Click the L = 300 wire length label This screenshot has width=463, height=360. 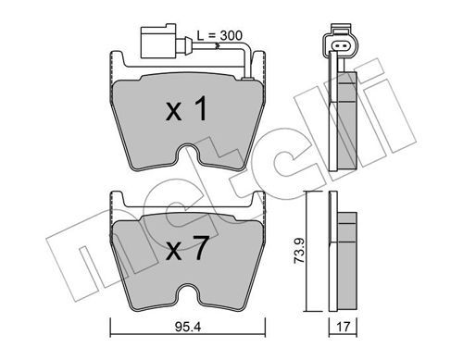(x=219, y=36)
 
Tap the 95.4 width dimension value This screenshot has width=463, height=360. (x=188, y=327)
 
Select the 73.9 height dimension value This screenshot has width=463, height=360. (x=299, y=250)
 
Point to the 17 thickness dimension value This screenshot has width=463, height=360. (x=343, y=327)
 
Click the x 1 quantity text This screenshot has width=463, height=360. (x=186, y=108)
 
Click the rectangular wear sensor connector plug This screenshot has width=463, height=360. (x=158, y=41)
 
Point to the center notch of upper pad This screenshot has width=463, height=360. (x=188, y=155)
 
